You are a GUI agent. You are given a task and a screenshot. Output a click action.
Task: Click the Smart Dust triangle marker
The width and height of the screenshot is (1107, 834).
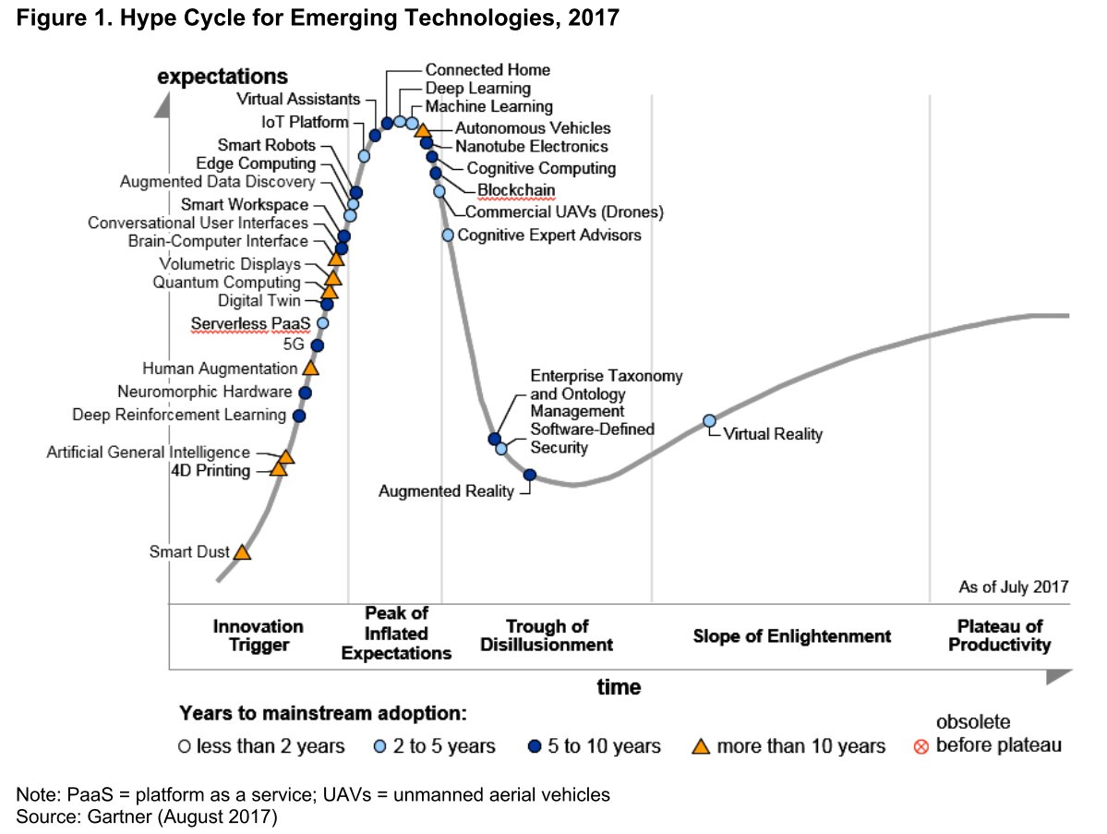pyautogui.click(x=242, y=552)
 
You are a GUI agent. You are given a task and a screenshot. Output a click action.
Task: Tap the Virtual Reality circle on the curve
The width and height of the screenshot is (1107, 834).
pyautogui.click(x=709, y=421)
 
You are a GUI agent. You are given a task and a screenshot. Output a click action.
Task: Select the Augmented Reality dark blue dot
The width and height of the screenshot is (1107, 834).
pyautogui.click(x=530, y=476)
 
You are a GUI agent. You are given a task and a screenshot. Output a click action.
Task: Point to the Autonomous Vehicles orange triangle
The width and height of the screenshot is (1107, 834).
pyautogui.click(x=422, y=130)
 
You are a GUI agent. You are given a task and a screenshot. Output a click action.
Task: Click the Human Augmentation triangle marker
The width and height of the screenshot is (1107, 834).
pyautogui.click(x=310, y=368)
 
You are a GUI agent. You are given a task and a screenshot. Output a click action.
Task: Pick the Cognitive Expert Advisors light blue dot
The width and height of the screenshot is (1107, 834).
pyautogui.click(x=448, y=236)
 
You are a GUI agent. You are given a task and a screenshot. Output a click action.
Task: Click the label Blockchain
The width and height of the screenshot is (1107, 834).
pyautogui.click(x=516, y=190)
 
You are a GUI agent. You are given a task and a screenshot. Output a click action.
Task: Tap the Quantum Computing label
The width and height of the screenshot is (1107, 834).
pyautogui.click(x=226, y=283)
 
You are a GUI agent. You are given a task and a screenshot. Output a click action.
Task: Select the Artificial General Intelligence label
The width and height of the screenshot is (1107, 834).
pyautogui.click(x=149, y=452)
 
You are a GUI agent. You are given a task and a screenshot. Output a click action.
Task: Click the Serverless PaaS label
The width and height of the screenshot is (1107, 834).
pyautogui.click(x=250, y=323)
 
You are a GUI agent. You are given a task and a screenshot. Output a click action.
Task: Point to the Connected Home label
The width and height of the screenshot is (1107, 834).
pyautogui.click(x=487, y=70)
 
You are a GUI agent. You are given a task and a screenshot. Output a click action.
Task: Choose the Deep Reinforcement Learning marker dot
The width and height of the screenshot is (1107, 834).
pyautogui.click(x=299, y=416)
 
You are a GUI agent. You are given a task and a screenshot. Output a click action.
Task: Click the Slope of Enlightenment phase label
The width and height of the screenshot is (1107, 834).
pyautogui.click(x=791, y=636)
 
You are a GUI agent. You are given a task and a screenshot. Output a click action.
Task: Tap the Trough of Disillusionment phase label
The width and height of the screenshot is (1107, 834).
pyautogui.click(x=547, y=635)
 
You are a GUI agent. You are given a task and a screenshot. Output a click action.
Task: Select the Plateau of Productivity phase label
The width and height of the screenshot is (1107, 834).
pyautogui.click(x=1000, y=635)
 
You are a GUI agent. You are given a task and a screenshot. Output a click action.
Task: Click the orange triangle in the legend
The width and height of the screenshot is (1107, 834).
pyautogui.click(x=701, y=745)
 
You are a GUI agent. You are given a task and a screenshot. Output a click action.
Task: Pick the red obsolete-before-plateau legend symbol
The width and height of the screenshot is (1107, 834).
pyautogui.click(x=920, y=746)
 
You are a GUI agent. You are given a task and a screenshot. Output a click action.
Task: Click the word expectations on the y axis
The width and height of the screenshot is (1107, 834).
pyautogui.click(x=223, y=77)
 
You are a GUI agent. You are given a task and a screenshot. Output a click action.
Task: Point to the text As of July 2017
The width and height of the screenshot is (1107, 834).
pyautogui.click(x=1013, y=586)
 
